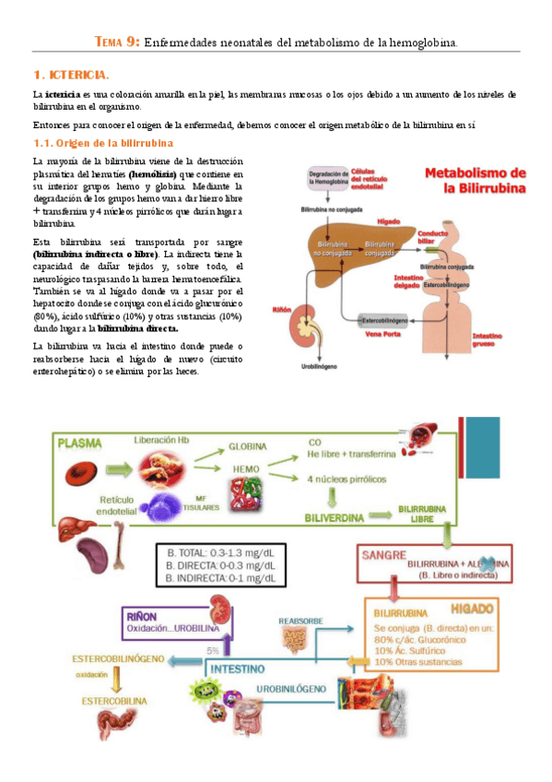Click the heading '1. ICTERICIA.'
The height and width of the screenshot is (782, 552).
coord(71,75)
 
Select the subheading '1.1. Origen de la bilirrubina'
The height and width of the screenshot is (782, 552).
coord(103,143)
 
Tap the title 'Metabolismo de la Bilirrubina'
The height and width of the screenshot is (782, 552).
coord(476,181)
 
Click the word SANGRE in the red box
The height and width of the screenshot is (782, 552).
coord(384,556)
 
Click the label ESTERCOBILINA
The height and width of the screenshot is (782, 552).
coord(113,700)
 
